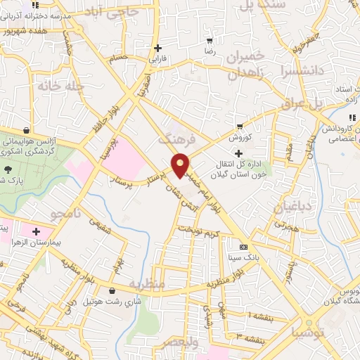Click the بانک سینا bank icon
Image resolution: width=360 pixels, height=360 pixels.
tap(244, 247)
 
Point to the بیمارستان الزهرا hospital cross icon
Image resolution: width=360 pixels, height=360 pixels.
tap(36, 231)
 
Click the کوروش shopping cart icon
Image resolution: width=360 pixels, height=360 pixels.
tap(240, 127)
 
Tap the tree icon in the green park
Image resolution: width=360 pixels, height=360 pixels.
tap(8, 169)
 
